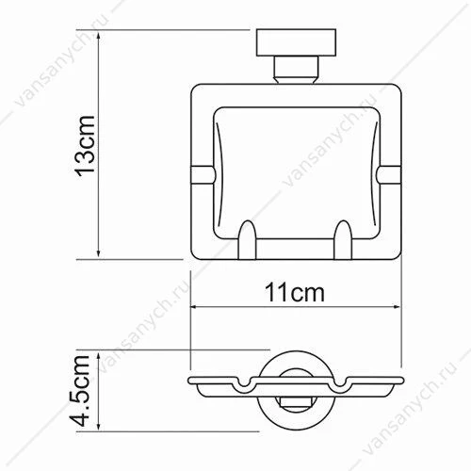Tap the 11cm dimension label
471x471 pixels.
pyautogui.click(x=295, y=293)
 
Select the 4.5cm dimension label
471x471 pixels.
pyautogui.click(x=80, y=391)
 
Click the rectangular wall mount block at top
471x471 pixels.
pyautogui.click(x=296, y=42)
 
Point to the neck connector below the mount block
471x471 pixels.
pyautogui.click(x=296, y=70)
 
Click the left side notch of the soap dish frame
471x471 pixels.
pyautogui.click(x=203, y=174)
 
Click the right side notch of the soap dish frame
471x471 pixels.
pyautogui.click(x=389, y=174)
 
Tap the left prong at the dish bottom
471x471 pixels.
pyautogui.click(x=248, y=240)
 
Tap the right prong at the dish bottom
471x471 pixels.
pyautogui.click(x=343, y=240)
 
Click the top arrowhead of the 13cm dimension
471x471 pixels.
pyautogui.click(x=99, y=36)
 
